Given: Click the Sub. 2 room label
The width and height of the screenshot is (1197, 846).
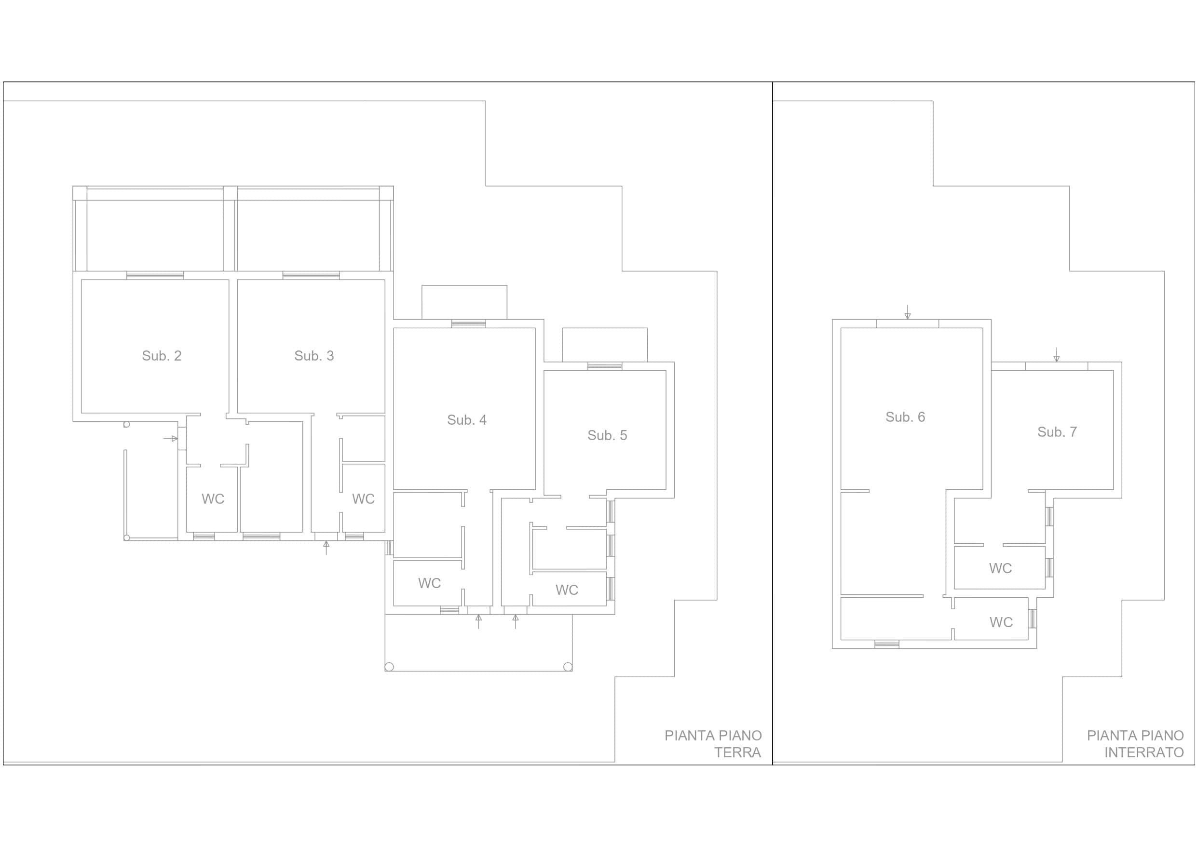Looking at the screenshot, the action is click(x=162, y=355).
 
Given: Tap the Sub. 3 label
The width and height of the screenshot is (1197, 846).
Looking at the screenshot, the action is click(x=314, y=355).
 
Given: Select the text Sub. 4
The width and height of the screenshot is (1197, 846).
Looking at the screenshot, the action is click(x=467, y=419).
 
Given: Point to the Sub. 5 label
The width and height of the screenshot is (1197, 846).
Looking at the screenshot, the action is click(x=607, y=435).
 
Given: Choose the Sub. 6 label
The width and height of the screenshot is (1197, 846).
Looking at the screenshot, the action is click(x=905, y=417).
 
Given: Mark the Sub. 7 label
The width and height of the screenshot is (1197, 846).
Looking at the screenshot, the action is click(x=1057, y=431).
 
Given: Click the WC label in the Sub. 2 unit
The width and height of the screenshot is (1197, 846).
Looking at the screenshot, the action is click(x=213, y=499).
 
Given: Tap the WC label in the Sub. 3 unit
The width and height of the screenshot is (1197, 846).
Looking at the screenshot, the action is click(x=363, y=499).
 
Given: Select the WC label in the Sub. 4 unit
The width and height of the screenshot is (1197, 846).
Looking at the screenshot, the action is click(x=429, y=583).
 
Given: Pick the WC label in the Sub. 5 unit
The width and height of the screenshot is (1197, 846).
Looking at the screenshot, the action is click(x=567, y=590).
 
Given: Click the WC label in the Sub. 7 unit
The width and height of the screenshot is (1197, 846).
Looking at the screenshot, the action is click(x=1000, y=568).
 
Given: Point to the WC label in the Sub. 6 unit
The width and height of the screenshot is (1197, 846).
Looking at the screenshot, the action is click(x=1001, y=622).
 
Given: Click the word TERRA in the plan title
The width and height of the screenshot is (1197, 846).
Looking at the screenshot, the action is click(x=737, y=752).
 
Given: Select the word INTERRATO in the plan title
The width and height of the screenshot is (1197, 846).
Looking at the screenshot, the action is click(x=1144, y=752).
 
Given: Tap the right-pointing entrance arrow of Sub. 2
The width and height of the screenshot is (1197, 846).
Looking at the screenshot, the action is click(x=170, y=438).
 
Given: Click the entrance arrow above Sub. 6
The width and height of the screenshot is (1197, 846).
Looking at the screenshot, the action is click(x=907, y=312).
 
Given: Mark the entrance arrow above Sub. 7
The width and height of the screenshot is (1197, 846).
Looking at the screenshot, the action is click(x=1056, y=354).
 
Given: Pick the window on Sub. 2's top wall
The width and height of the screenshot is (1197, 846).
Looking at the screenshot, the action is click(x=155, y=275).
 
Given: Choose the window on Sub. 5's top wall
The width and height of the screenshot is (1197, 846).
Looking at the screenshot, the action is click(x=604, y=366).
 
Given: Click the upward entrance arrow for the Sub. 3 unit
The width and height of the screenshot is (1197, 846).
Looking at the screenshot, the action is click(x=326, y=547).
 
